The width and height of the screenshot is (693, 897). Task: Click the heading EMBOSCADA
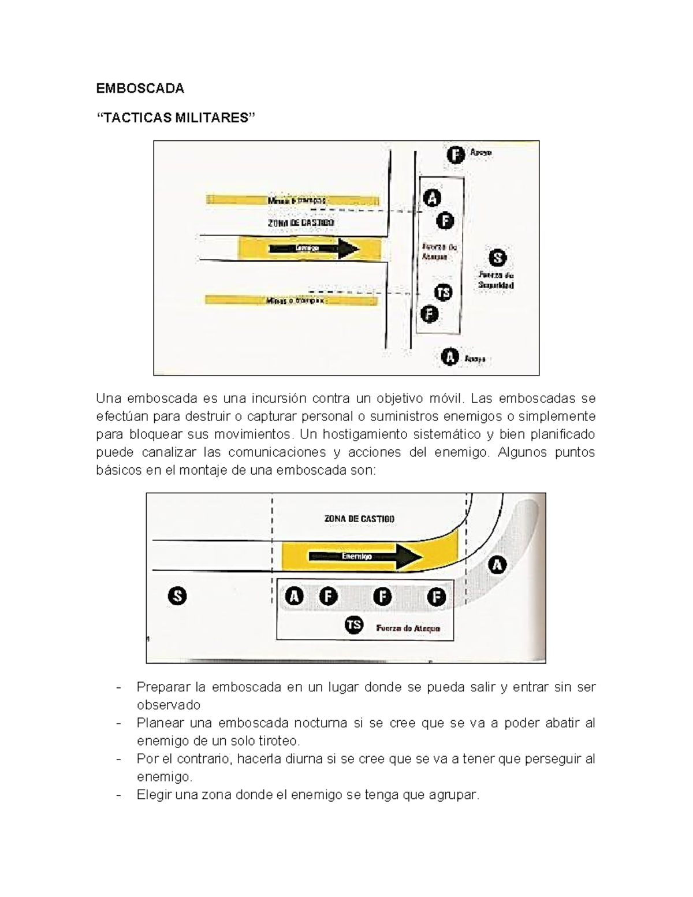point(140,88)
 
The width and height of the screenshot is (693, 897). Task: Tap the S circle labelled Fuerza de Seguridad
point(497,258)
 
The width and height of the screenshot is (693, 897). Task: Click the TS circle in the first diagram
point(443,293)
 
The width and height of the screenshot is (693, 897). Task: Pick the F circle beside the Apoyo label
point(456,154)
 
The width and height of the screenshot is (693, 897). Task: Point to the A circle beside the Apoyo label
point(450,357)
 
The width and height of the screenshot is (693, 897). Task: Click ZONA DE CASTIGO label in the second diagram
point(359,519)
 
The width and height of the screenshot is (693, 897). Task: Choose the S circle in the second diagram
point(177,595)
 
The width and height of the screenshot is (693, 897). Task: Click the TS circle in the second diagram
point(353,625)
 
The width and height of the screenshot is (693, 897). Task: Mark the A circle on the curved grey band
point(497,564)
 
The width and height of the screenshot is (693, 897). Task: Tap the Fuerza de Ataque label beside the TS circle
point(408,628)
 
